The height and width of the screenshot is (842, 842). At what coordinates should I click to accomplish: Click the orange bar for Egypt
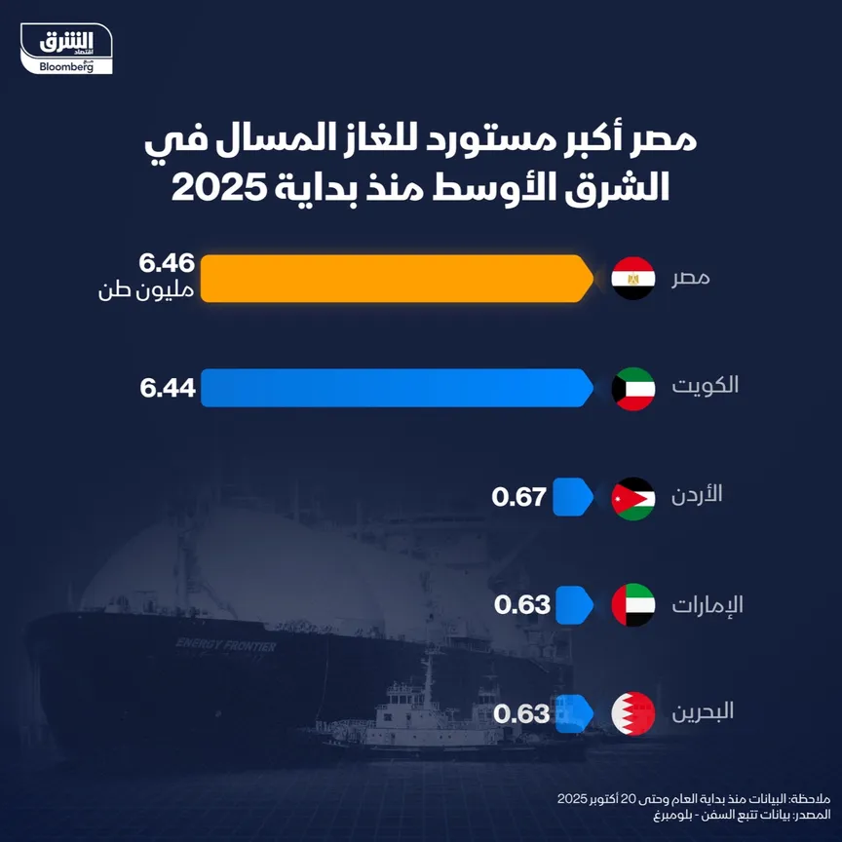[395, 279]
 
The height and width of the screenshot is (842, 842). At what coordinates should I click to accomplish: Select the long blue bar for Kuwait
[395, 388]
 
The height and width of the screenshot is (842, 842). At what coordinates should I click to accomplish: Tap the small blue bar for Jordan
[573, 497]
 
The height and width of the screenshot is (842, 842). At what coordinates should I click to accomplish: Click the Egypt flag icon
[632, 279]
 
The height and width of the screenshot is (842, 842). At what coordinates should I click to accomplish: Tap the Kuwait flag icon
[632, 388]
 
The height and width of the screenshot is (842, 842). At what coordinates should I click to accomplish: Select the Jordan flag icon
[632, 497]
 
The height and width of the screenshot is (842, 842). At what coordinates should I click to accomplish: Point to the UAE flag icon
[632, 605]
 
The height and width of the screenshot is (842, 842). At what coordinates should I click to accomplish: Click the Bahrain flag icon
[632, 713]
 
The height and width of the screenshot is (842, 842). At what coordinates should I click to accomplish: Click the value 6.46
[168, 263]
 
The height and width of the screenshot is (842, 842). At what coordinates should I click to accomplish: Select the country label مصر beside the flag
[690, 279]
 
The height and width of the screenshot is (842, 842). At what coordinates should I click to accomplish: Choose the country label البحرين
[703, 712]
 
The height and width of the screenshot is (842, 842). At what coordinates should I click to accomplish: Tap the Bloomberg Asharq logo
[74, 50]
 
